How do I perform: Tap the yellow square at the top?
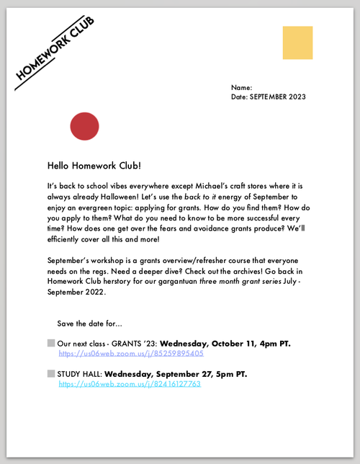click(297, 43)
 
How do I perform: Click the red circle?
click(84, 126)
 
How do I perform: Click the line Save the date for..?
click(90, 322)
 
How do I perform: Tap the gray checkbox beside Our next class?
click(51, 343)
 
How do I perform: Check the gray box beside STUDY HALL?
click(51, 374)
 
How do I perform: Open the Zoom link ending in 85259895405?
click(131, 354)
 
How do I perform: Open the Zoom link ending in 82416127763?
click(130, 385)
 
